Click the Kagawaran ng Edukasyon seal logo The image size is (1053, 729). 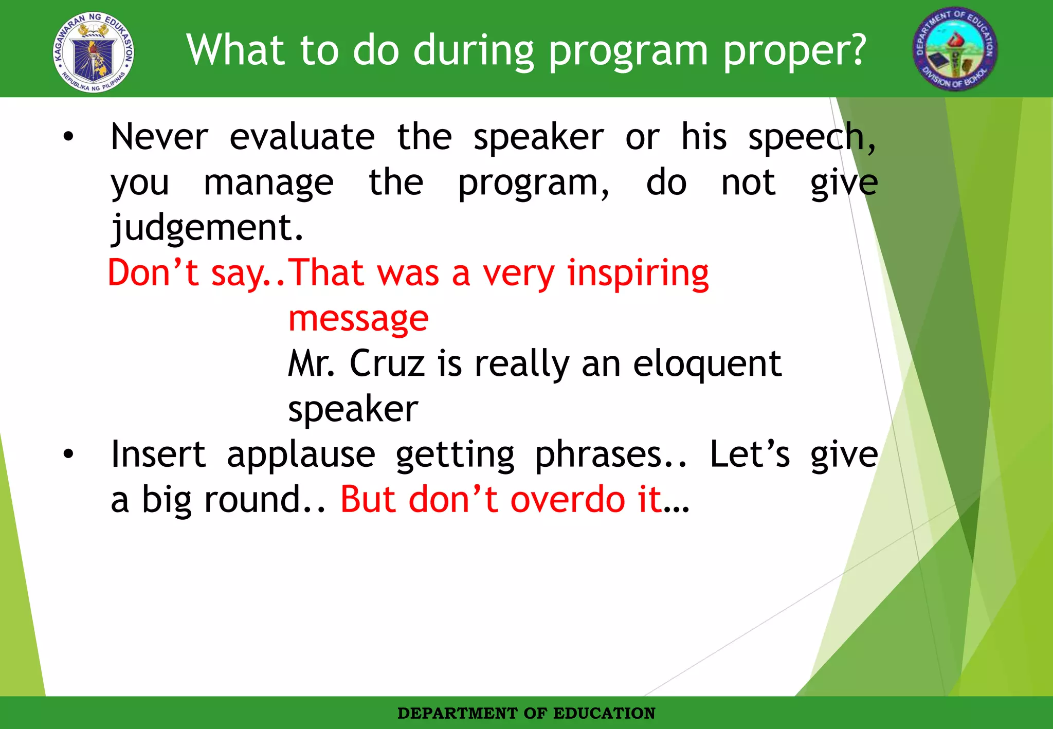tap(94, 52)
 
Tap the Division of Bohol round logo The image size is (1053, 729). tap(955, 50)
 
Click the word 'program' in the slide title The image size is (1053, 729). tap(628, 51)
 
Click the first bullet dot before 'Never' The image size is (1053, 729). tap(68, 137)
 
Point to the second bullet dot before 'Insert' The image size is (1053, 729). tap(68, 454)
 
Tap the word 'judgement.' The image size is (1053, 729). tap(207, 228)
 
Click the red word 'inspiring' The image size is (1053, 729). tap(638, 274)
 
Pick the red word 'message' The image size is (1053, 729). tap(358, 319)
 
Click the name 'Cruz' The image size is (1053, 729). tap(387, 363)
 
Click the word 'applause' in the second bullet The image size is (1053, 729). tap(301, 455)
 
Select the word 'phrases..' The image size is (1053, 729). tap(611, 455)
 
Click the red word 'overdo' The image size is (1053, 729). tap(568, 499)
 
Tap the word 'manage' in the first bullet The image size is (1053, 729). tap(268, 183)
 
